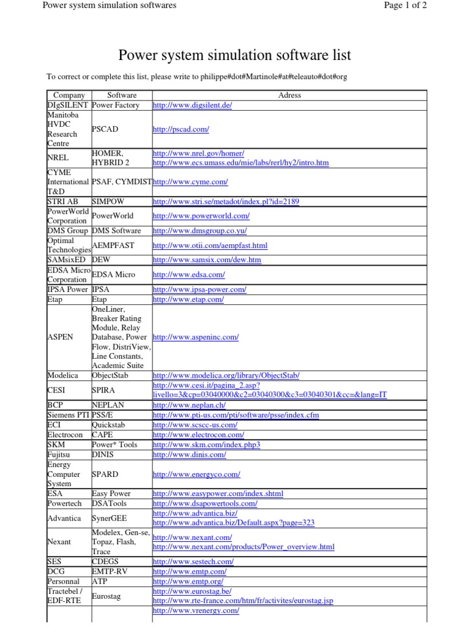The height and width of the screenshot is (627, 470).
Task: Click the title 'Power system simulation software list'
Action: (234, 56)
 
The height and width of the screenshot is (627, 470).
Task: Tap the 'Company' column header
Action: (69, 96)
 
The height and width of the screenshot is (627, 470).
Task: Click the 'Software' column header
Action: (121, 96)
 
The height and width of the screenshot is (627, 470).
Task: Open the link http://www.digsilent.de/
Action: (192, 105)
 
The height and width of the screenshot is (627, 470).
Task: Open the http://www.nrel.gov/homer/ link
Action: (198, 153)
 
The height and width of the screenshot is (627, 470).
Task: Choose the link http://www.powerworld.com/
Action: (201, 216)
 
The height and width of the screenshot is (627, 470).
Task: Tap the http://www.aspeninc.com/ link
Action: (195, 337)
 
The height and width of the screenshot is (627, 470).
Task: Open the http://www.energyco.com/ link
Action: (196, 475)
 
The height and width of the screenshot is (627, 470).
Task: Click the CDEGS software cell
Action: (105, 561)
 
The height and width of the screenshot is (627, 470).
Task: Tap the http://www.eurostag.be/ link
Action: (192, 591)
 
